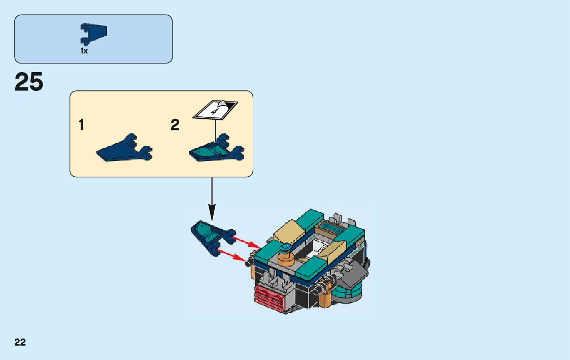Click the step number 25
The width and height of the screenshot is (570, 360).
click(29, 82)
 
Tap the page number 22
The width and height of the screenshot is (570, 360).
click(20, 342)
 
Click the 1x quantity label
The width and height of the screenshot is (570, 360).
click(84, 51)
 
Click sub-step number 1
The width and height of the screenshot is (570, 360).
click(81, 125)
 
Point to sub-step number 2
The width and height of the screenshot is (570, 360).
click(175, 125)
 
